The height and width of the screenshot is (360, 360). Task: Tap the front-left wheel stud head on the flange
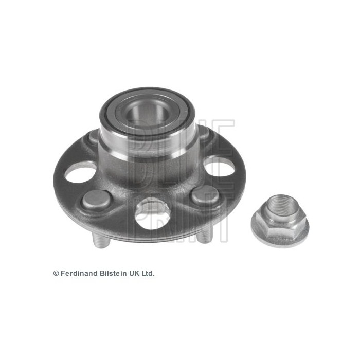(x=96, y=199)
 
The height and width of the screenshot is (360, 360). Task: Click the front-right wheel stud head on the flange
(x=205, y=195)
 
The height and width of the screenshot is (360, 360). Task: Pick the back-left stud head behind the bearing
(x=93, y=137)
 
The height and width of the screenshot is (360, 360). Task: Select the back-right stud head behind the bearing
(x=204, y=133)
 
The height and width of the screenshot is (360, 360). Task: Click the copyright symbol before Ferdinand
(x=56, y=274)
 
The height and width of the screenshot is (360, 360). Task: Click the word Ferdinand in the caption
(x=77, y=274)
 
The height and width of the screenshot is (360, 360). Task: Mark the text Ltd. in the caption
(x=147, y=274)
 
